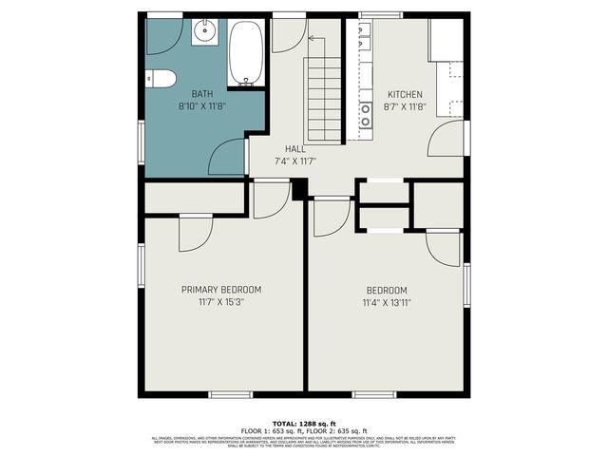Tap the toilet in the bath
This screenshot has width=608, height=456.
coord(159,79)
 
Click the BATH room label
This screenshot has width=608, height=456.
coord(201,94)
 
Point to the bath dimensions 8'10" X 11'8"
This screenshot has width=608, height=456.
coord(201,106)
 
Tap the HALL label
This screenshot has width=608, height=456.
coord(294,149)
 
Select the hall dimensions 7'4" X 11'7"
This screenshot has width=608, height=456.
coord(294,161)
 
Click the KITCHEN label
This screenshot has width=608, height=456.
coord(404,94)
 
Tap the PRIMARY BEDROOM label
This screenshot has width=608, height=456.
coord(220,289)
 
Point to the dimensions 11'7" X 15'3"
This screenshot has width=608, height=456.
coord(220,302)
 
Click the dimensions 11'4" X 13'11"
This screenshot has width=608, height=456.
coord(387,303)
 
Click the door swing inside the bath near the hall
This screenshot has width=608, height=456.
coord(229,160)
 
